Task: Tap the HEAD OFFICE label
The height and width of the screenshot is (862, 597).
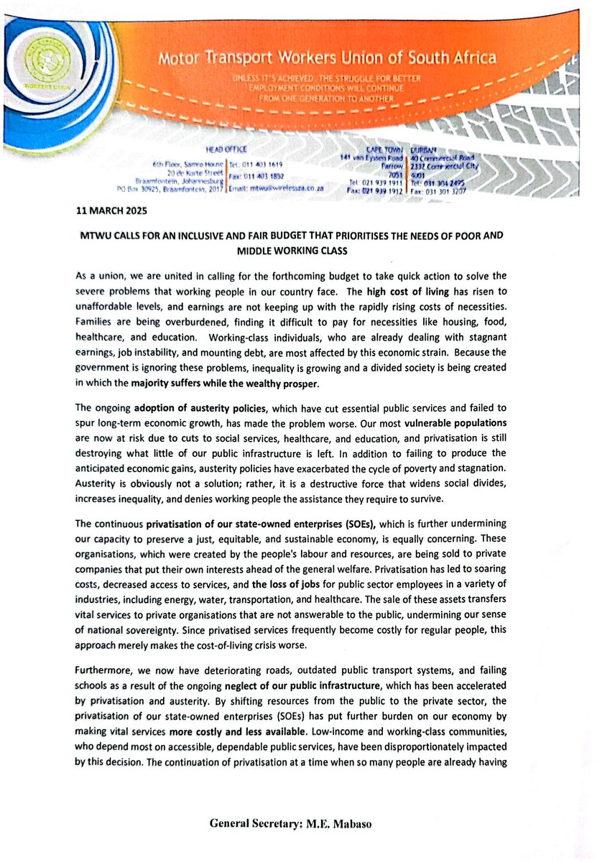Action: tap(226, 149)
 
